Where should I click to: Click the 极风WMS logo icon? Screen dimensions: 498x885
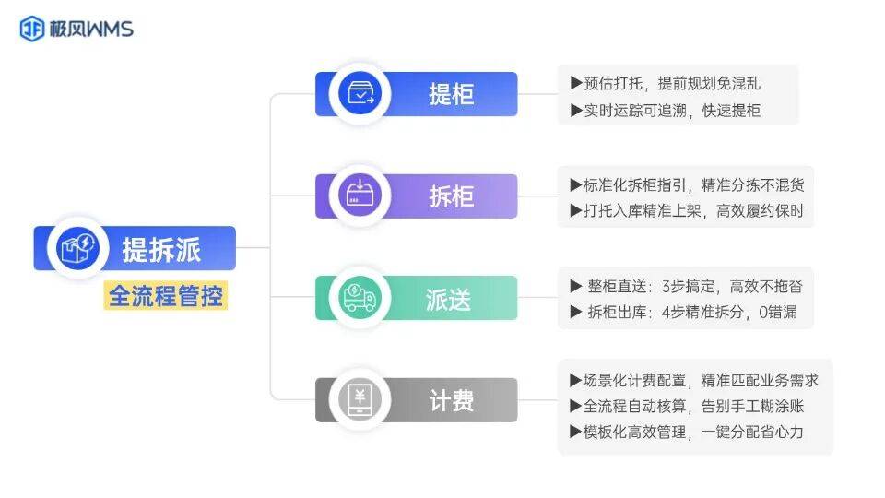coord(32,30)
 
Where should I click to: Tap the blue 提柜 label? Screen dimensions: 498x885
coord(451,94)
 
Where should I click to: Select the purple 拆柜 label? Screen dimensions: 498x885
coord(451,196)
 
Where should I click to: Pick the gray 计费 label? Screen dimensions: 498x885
coord(451,400)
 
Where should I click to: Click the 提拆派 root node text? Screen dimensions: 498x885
coord(161,249)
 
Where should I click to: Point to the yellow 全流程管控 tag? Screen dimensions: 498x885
coord(166,296)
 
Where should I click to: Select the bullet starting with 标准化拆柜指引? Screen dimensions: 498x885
coord(687,184)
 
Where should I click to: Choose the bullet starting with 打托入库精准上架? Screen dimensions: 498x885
coord(687,211)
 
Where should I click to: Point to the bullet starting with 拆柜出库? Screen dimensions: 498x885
coord(683,313)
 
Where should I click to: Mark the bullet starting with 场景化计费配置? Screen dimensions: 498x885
coord(694,379)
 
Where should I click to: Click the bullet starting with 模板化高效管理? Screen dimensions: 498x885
coord(687,432)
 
